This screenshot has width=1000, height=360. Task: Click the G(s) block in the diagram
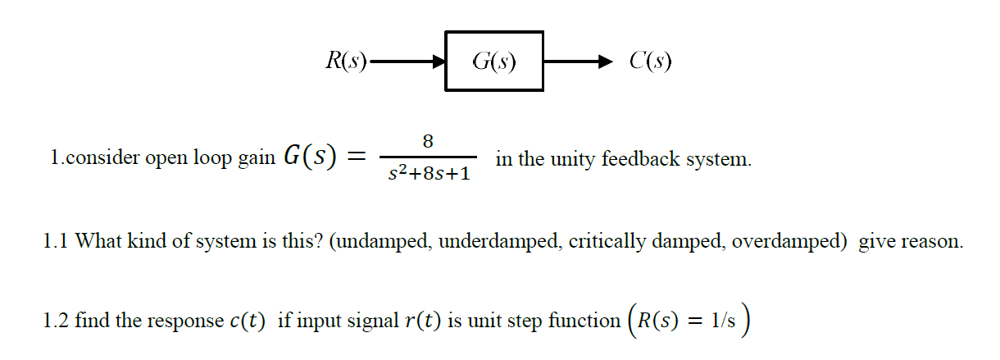[494, 61]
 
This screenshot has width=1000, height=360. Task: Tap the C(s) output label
[651, 61]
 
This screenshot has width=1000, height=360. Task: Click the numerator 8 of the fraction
[427, 140]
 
